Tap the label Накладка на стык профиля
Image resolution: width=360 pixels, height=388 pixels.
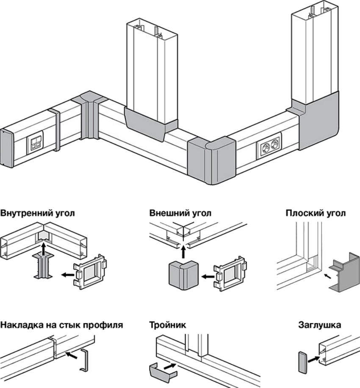[x=62, y=326]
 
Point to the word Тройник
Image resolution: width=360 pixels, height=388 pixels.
[x=168, y=326]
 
